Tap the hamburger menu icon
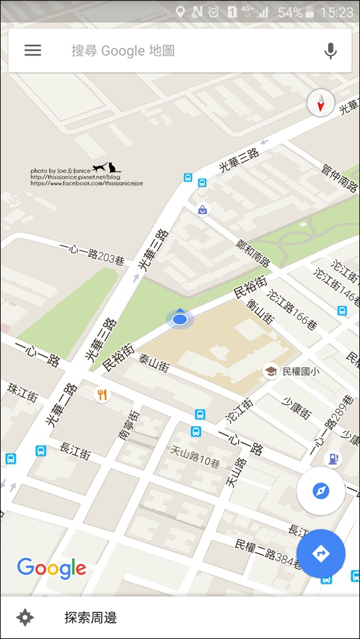33,50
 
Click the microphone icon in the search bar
331,51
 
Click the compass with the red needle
321,103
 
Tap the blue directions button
321,554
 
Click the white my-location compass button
320,491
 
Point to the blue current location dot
180,319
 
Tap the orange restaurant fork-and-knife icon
102,394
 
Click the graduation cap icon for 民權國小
271,372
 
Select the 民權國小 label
301,372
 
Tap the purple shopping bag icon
203,210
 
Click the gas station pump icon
335,458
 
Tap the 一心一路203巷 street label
91,252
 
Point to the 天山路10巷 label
195,454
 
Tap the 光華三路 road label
239,158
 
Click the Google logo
52,568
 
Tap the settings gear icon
25,617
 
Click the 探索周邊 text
91,617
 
